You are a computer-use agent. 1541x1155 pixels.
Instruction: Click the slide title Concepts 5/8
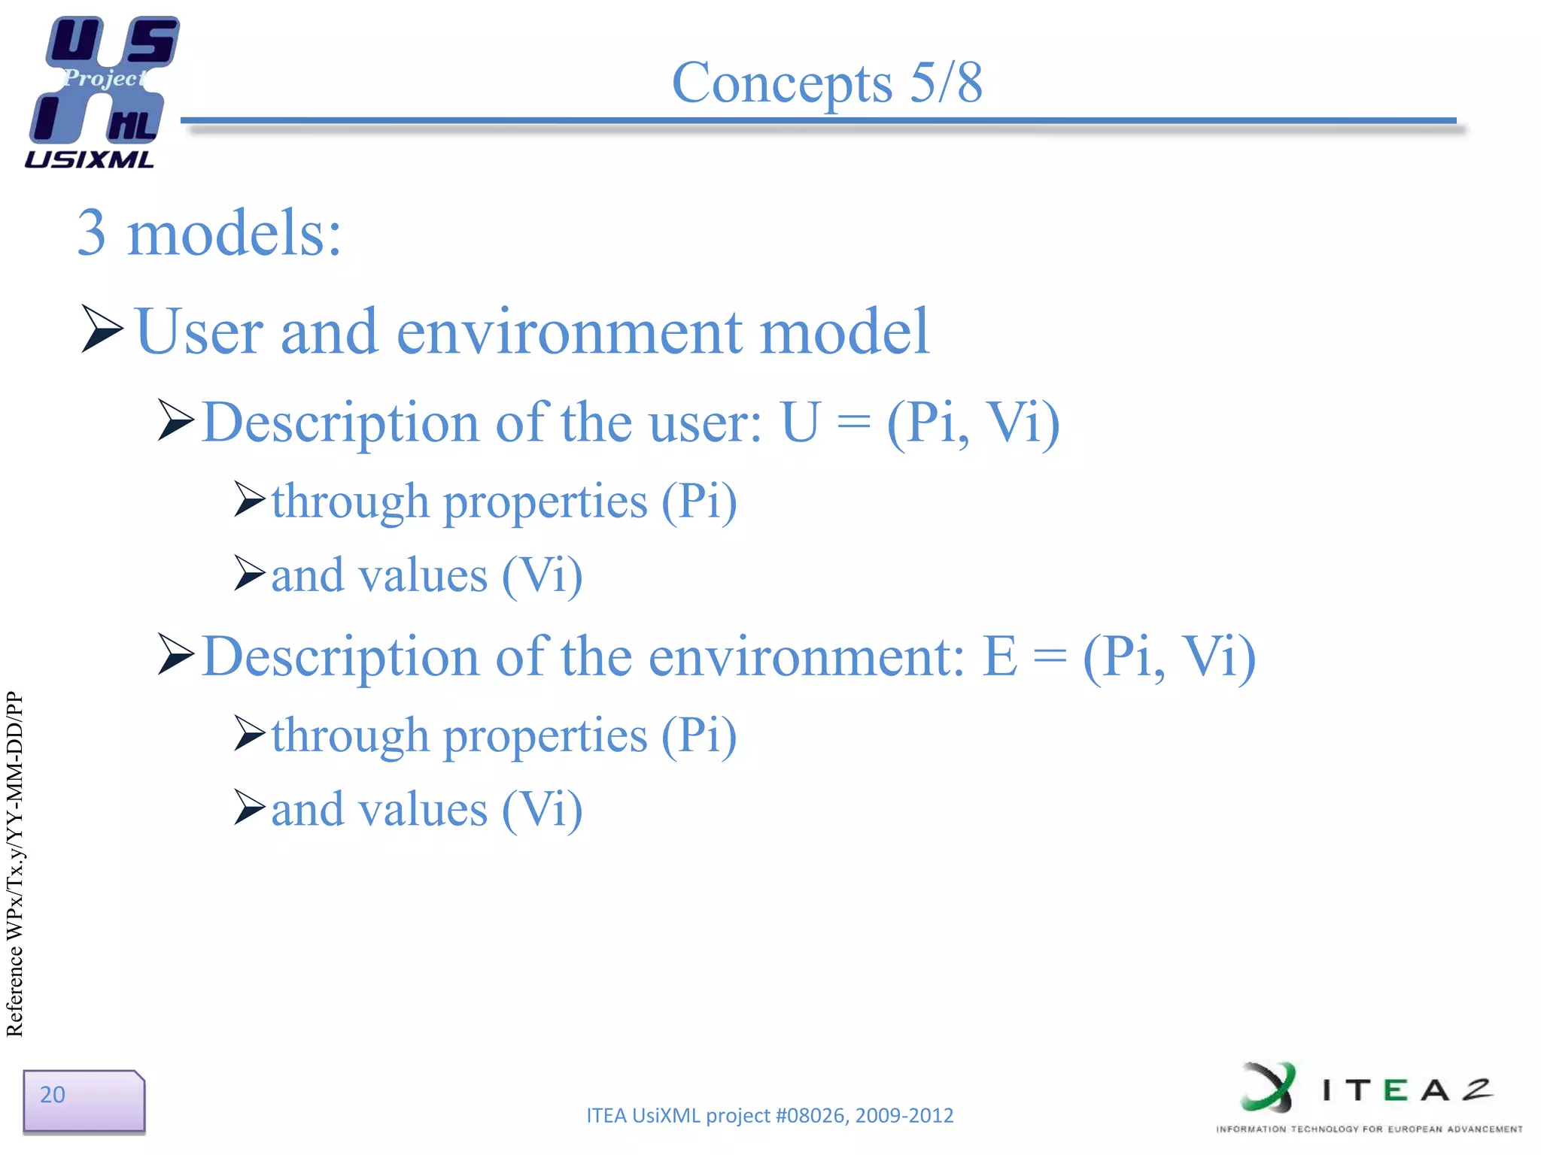(x=826, y=83)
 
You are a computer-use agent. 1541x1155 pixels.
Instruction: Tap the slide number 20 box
(x=83, y=1100)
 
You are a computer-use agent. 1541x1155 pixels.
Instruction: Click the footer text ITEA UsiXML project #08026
(x=769, y=1115)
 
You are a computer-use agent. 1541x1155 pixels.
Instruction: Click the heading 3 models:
(x=209, y=233)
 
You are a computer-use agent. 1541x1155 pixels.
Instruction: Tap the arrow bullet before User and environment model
(x=102, y=329)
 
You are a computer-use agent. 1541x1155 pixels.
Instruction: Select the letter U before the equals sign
(x=799, y=423)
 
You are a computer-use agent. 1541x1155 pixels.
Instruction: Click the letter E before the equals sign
(x=999, y=656)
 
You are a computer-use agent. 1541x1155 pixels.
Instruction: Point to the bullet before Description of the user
(x=176, y=421)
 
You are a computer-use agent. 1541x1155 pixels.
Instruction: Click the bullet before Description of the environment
(x=176, y=654)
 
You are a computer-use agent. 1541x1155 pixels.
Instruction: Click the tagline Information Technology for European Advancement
(x=1369, y=1129)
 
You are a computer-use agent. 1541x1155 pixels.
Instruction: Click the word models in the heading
(x=234, y=233)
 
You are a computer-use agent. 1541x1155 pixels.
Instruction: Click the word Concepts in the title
(x=782, y=83)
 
